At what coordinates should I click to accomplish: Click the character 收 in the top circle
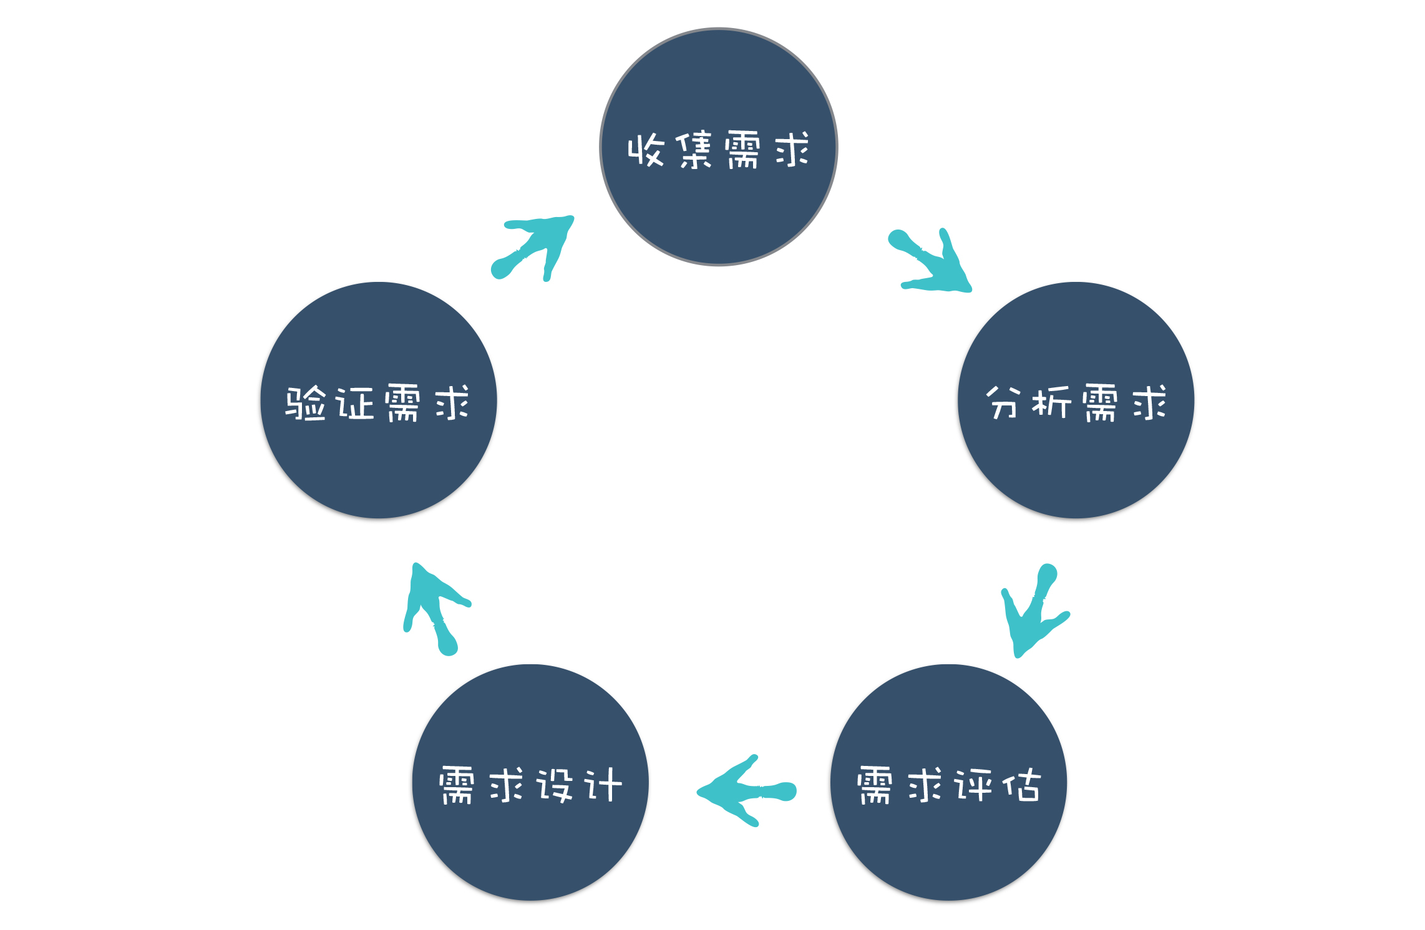pyautogui.click(x=646, y=150)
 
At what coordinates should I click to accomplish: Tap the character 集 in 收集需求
pyautogui.click(x=694, y=150)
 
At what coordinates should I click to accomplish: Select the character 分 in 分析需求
pyautogui.click(x=1003, y=402)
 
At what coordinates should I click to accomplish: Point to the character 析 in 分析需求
pyautogui.click(x=1052, y=402)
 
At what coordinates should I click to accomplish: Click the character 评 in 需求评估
pyautogui.click(x=973, y=785)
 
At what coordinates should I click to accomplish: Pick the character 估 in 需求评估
pyautogui.click(x=1022, y=785)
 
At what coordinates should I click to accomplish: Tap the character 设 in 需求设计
pyautogui.click(x=555, y=785)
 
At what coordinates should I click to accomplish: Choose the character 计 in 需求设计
pyautogui.click(x=603, y=785)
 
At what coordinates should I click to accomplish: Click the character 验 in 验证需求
pyautogui.click(x=306, y=403)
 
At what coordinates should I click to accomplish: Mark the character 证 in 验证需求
pyautogui.click(x=354, y=403)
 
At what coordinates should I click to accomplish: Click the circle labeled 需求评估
pyautogui.click(x=948, y=848)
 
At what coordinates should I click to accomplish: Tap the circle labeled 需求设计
pyautogui.click(x=530, y=848)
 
